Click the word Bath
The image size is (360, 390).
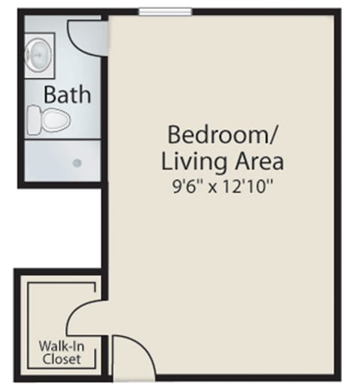[67, 94]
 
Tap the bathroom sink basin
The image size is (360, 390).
[38, 55]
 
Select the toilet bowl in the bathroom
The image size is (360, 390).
[55, 121]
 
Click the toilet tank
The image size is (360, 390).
[33, 120]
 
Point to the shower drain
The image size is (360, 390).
[77, 163]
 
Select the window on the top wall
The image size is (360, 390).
[166, 11]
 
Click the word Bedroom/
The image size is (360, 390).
[222, 135]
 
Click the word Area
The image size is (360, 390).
[259, 161]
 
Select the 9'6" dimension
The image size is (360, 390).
[184, 187]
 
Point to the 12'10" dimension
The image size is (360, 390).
[247, 187]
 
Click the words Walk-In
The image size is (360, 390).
[61, 346]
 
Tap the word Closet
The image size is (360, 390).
[61, 359]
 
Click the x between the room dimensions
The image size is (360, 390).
[212, 187]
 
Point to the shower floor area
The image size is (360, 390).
[62, 160]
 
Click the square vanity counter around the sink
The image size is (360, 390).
[40, 55]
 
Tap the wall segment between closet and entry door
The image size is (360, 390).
[105, 355]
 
